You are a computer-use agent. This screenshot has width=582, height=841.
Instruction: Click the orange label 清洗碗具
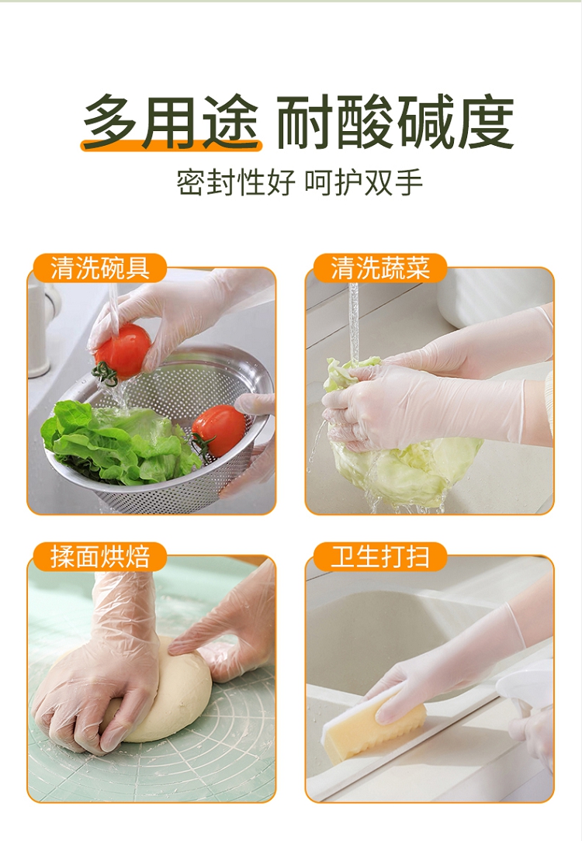[x=100, y=268]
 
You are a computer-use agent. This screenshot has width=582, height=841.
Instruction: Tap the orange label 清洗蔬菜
[x=379, y=268]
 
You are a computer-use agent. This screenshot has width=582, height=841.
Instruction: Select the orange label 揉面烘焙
[x=100, y=556]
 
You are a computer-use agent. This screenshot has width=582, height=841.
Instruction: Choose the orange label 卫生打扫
[x=379, y=556]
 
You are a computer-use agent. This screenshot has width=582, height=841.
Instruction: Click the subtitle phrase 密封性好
[x=235, y=182]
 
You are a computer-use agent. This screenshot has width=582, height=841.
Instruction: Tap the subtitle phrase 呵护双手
[x=364, y=182]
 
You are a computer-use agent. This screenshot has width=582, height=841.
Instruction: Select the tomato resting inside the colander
[x=218, y=431]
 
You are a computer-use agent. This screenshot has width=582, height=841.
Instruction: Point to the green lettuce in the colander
[x=119, y=441]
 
